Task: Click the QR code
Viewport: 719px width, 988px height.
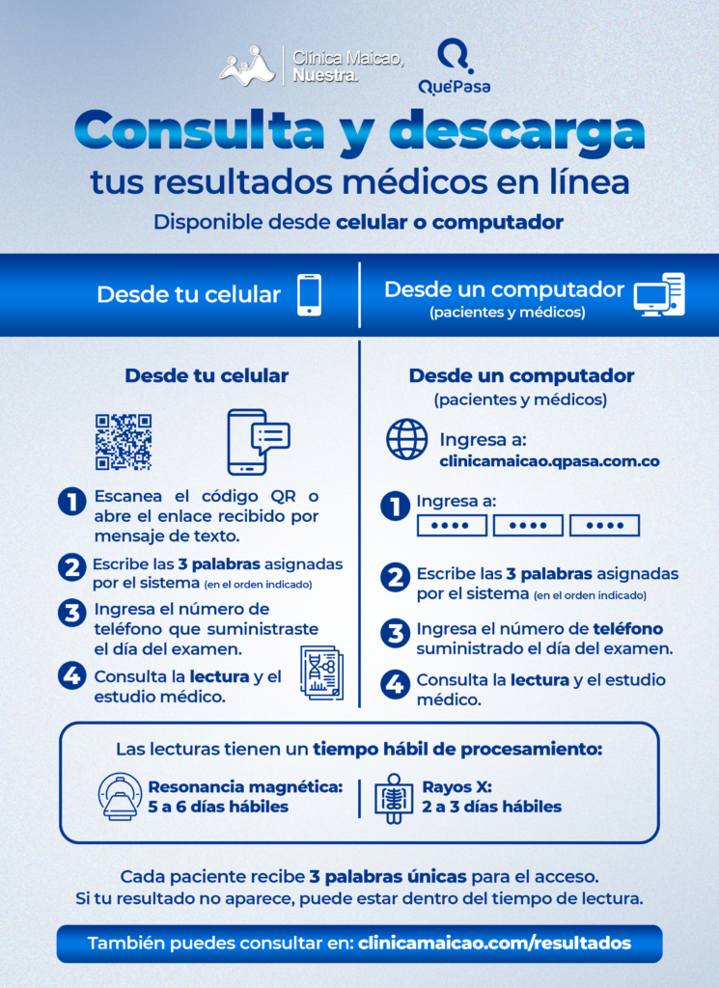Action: (x=124, y=442)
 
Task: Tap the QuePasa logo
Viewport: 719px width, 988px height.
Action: (x=455, y=67)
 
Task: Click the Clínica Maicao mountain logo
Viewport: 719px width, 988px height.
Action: (x=247, y=66)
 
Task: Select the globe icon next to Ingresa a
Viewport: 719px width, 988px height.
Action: (x=406, y=439)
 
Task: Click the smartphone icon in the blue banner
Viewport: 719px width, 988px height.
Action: (x=310, y=295)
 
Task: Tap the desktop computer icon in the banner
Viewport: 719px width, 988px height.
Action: (x=659, y=295)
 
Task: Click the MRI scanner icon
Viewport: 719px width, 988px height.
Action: (x=121, y=796)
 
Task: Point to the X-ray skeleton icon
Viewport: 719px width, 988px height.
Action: (x=394, y=798)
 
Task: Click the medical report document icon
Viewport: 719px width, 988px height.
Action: (x=322, y=672)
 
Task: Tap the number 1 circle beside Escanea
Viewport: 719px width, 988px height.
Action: (x=72, y=502)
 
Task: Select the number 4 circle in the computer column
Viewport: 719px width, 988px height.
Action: (x=395, y=684)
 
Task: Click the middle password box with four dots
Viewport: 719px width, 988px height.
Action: (x=528, y=526)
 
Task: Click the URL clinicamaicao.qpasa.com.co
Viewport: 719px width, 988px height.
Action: (x=549, y=461)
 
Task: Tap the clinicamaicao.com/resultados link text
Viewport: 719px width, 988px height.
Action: (x=495, y=944)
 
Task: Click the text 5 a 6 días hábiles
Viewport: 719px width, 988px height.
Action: (x=218, y=807)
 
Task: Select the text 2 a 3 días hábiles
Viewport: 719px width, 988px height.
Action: (x=491, y=807)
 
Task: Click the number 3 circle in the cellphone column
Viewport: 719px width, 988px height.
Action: (x=72, y=613)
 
